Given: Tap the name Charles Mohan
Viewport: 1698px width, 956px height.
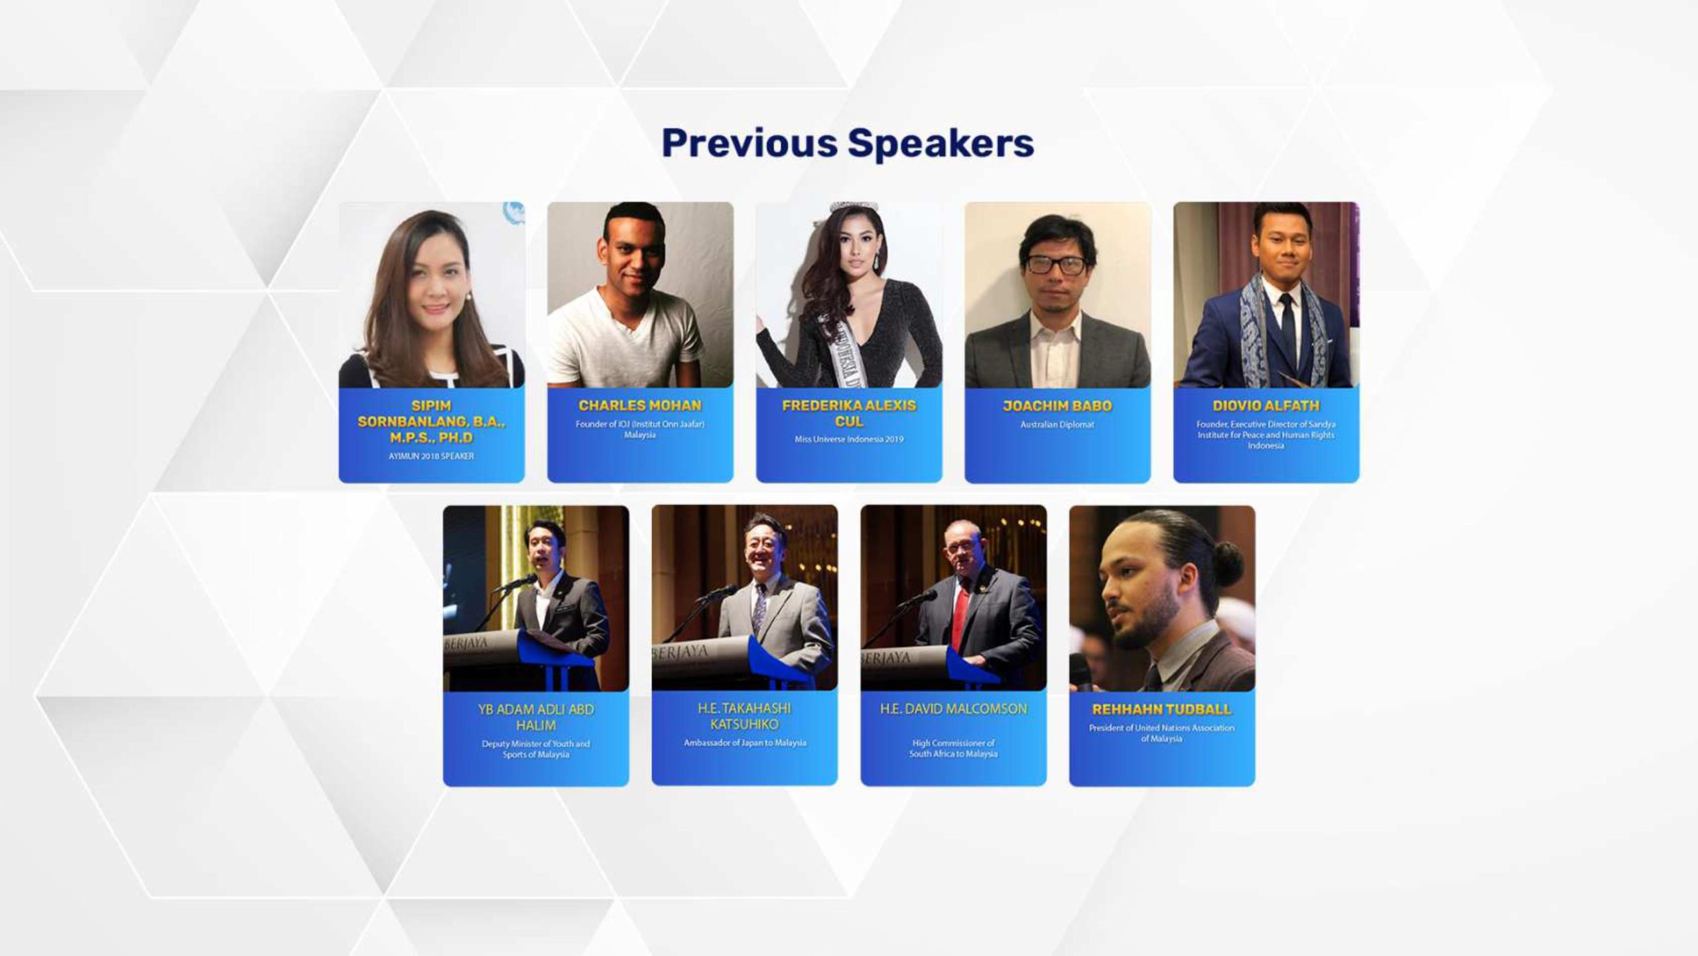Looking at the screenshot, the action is tap(640, 405).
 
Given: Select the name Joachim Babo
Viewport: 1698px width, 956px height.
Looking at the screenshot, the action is tap(1057, 405).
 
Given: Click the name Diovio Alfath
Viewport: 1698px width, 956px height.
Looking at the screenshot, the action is tap(1266, 405).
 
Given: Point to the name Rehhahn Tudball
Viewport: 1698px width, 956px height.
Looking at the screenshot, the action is tap(1162, 709).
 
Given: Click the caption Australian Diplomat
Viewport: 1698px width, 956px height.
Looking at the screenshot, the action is tap(1057, 425).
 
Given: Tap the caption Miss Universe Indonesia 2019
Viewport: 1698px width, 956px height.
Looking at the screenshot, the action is tap(849, 439).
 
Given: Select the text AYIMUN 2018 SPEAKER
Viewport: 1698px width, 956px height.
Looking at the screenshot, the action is tap(431, 456).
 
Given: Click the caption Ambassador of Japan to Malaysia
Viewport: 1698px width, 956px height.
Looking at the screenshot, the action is tap(745, 743).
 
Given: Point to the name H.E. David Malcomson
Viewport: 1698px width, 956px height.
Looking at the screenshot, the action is tap(953, 709).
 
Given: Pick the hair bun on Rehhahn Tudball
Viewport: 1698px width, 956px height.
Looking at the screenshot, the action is tap(1228, 555).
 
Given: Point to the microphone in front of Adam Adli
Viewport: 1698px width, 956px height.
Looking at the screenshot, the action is tap(514, 583).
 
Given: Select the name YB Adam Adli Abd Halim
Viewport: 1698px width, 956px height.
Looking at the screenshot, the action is tap(536, 717).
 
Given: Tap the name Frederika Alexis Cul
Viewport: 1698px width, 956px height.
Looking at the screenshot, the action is tap(849, 413).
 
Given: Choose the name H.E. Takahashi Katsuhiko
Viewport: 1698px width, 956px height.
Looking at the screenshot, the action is tap(745, 717).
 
